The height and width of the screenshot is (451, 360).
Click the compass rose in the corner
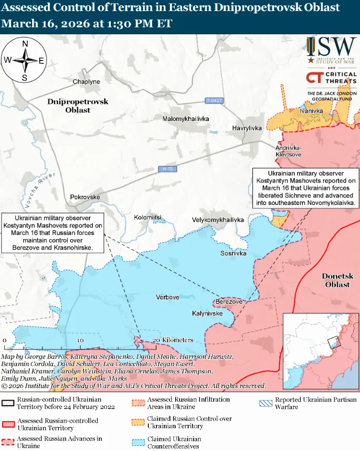pyautogui.click(x=25, y=61)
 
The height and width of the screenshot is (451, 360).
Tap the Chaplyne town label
pyautogui.click(x=86, y=82)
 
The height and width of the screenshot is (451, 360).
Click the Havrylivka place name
pyautogui.click(x=247, y=128)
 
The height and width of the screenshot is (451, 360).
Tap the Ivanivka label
pyautogui.click(x=311, y=111)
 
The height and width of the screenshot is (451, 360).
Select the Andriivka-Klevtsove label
pyautogui.click(x=288, y=151)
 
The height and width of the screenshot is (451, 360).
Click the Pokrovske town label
pyautogui.click(x=85, y=197)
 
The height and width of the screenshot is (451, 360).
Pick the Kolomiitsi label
pyautogui.click(x=147, y=217)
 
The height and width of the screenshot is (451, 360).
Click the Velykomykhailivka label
pyautogui.click(x=218, y=219)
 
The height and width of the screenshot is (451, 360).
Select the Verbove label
pyautogui.click(x=168, y=297)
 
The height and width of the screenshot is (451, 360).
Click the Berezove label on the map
pyautogui.click(x=229, y=302)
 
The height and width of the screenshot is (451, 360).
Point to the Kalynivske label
pyautogui.click(x=207, y=313)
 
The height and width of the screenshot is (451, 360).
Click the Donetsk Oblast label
pyautogui.click(x=337, y=280)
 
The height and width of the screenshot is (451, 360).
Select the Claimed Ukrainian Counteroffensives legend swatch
pyautogui.click(x=138, y=442)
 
